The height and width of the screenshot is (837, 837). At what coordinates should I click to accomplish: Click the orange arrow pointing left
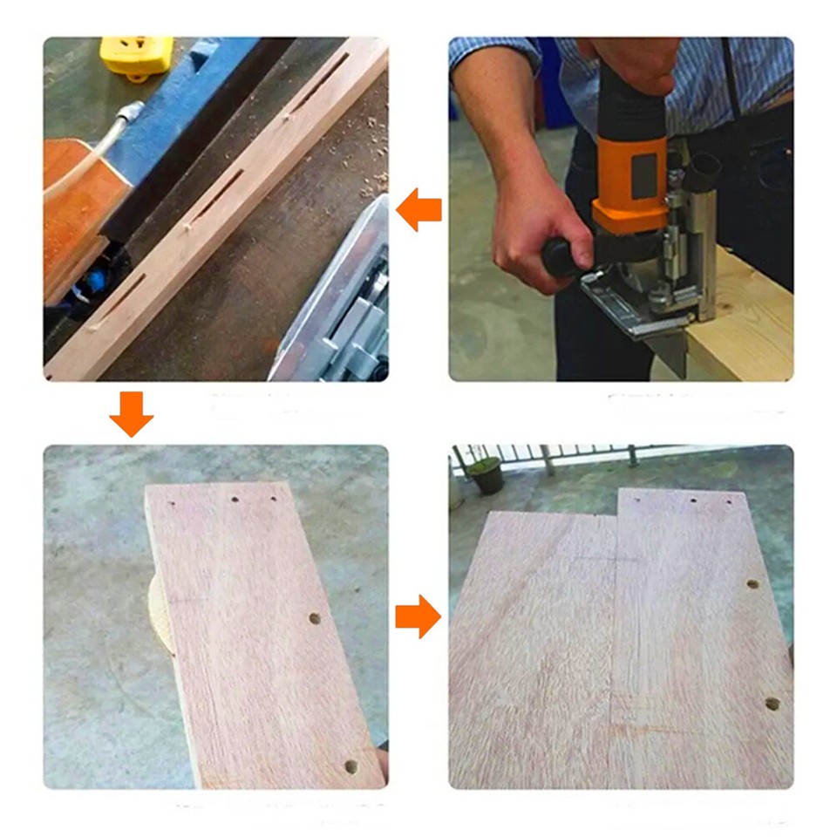pos(419,212)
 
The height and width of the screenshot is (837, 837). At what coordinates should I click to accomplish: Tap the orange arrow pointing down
pos(132,414)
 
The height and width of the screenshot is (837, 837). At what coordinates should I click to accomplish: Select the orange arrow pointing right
pos(418,617)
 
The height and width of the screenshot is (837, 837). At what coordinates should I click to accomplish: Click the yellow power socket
pos(136,56)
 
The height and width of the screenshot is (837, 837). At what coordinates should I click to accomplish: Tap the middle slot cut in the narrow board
pos(217,196)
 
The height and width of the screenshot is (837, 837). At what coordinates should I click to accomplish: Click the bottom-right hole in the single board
pos(350,766)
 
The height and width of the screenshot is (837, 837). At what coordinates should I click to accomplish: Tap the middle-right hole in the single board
pos(315,618)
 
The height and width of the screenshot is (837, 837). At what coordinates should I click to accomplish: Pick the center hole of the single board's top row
pos(235,500)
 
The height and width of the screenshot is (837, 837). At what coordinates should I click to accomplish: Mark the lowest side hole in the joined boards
pos(772,703)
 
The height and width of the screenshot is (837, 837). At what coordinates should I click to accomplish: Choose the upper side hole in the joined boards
pos(752,583)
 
